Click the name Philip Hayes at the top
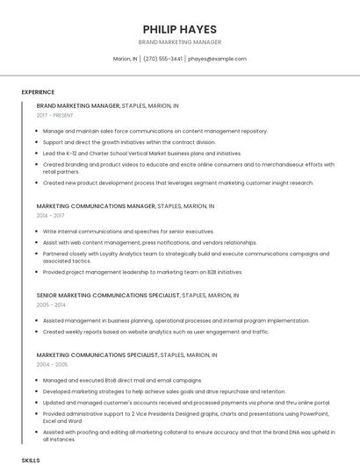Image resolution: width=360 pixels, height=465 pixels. (179, 29)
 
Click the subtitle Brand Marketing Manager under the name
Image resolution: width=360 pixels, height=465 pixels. (179, 42)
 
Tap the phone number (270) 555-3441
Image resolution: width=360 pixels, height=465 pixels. (162, 59)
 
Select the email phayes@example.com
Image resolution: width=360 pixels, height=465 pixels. (217, 59)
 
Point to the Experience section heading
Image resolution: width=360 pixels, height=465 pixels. (38, 92)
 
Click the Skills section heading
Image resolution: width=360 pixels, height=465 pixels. (31, 460)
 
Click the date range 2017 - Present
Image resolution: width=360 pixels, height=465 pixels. (56, 115)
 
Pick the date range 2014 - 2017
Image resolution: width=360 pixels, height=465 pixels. (50, 215)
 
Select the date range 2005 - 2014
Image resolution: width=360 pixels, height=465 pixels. (50, 304)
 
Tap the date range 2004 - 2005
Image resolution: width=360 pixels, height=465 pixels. (50, 364)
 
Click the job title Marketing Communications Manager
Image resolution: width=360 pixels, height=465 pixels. (96, 206)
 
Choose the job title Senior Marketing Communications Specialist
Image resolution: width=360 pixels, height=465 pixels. (108, 296)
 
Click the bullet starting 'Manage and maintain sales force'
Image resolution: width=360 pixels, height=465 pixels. (155, 131)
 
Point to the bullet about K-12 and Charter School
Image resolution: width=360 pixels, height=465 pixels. (141, 153)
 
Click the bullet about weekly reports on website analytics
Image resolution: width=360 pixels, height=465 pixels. (155, 332)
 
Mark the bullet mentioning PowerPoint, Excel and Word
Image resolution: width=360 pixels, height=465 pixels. (184, 417)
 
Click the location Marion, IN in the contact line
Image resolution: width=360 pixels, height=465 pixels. (125, 59)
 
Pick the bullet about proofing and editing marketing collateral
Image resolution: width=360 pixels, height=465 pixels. (189, 435)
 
